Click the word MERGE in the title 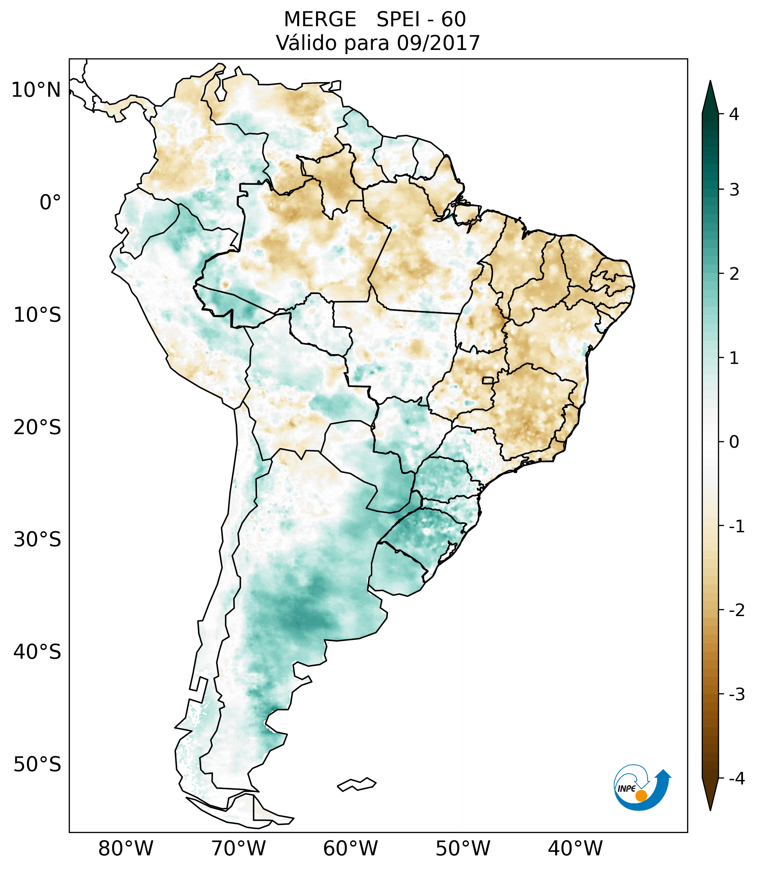[x=319, y=20]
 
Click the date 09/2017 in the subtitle [x=438, y=43]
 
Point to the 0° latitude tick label [x=50, y=203]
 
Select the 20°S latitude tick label [x=37, y=427]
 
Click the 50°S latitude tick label [x=37, y=765]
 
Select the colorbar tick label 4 [x=734, y=114]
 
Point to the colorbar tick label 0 [x=734, y=442]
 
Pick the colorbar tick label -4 [x=736, y=778]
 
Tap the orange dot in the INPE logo [x=641, y=796]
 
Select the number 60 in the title [x=453, y=20]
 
